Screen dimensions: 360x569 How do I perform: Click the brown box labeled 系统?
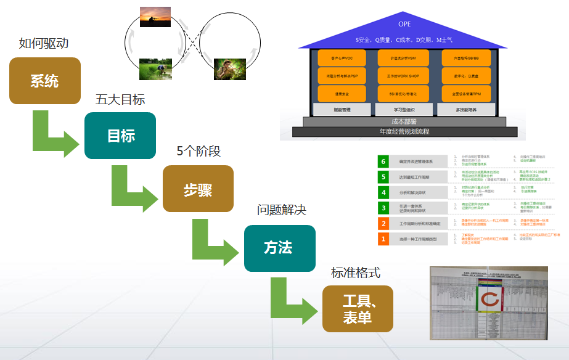44,81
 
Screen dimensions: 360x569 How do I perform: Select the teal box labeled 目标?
121,135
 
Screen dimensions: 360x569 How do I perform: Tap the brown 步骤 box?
198,189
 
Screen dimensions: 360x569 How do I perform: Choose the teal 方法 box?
279,248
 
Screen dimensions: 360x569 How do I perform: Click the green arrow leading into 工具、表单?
293,302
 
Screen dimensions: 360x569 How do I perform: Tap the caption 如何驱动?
44,43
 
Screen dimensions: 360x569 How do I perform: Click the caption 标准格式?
356,272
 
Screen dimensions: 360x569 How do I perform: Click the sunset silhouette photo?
155,17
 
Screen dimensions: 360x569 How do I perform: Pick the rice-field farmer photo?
155,68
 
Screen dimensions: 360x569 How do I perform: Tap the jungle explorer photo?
229,69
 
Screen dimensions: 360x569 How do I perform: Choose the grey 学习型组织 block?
404,109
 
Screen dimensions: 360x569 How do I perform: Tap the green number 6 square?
383,162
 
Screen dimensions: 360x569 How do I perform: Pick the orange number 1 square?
383,239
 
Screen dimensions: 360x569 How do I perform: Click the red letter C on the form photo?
490,300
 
